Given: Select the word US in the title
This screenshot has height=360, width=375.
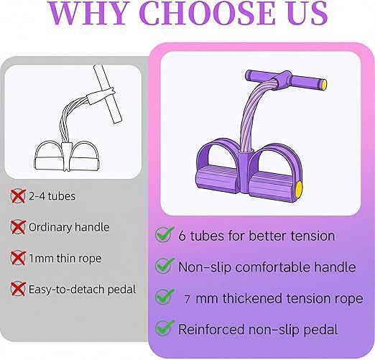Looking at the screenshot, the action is (305, 13).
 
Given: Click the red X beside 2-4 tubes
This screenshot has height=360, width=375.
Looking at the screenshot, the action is (18, 196).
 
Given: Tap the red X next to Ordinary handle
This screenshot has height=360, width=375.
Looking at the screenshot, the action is (18, 227).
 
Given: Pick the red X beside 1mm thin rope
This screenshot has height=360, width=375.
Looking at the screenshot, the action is (18, 258).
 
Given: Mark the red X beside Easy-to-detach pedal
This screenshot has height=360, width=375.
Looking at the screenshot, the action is (18, 289).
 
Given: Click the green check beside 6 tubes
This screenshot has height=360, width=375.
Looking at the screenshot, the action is (165, 234).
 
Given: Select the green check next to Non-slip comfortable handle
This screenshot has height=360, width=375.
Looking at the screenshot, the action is (165, 266).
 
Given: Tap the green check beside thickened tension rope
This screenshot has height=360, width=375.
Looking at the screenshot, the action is (165, 297).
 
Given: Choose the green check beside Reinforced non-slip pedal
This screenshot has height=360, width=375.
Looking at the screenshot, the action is (165, 328).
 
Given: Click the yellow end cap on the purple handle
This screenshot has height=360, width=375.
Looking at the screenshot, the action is (323, 84).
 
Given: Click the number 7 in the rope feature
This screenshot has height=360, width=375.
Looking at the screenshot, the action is (187, 300).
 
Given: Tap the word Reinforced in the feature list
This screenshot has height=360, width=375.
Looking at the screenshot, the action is (211, 329).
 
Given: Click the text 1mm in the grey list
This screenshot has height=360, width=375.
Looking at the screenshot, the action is (41, 258).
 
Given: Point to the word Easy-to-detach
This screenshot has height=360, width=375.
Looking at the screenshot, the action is (67, 290).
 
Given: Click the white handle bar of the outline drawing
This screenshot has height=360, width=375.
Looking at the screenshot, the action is (108, 94).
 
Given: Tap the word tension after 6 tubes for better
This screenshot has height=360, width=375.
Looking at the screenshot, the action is (312, 236).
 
